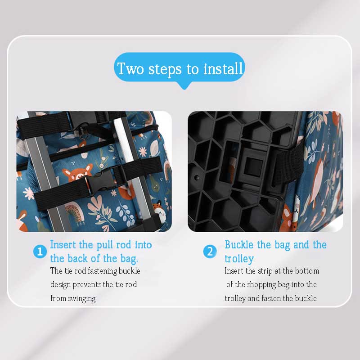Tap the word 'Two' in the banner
tap(130, 68)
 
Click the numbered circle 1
tap(40, 252)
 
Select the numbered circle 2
tap(210, 252)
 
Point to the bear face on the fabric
tap(77, 174)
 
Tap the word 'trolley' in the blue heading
tap(239, 259)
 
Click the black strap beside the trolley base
tap(288, 164)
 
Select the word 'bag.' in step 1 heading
tap(129, 259)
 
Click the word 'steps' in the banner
tap(165, 69)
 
